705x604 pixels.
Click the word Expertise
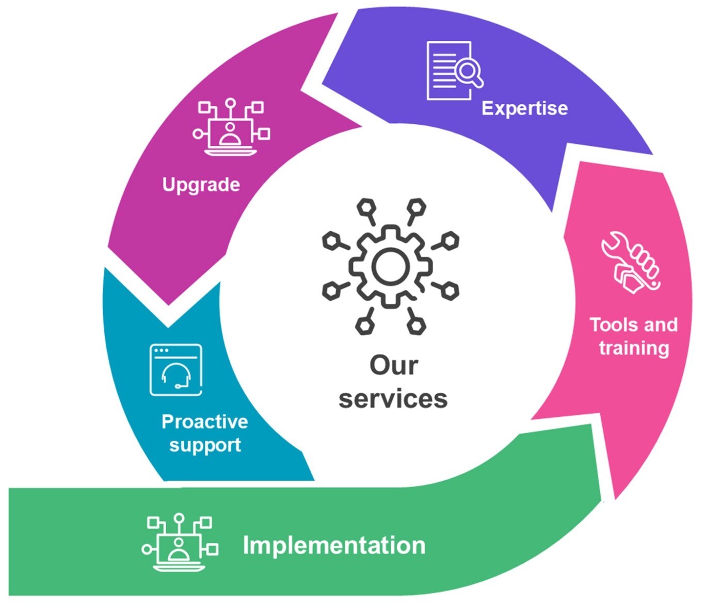point(524,109)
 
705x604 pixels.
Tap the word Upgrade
point(201,185)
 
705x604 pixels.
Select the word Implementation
point(334,546)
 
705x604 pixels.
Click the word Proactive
point(204,422)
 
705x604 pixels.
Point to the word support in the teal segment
point(205,445)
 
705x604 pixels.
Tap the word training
point(634,348)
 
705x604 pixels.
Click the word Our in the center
point(393,366)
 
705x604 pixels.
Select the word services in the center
point(393,399)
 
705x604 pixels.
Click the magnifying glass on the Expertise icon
point(469,71)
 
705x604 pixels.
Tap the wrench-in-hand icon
point(631,263)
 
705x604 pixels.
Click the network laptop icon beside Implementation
point(180,542)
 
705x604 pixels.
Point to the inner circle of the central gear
point(391,267)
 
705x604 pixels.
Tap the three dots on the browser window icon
point(161,351)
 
